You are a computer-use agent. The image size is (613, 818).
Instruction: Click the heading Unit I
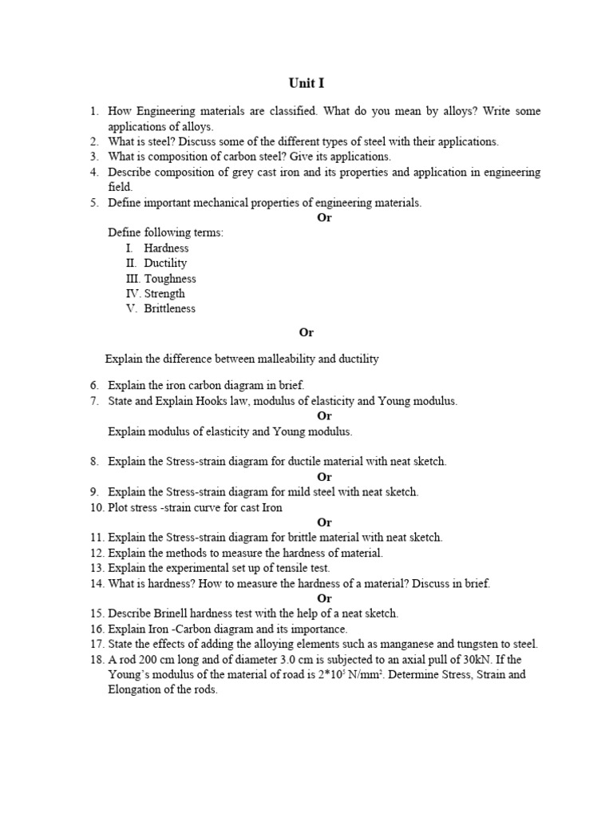click(x=306, y=83)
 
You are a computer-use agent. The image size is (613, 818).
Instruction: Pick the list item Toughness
click(x=170, y=279)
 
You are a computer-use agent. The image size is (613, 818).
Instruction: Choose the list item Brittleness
click(x=169, y=309)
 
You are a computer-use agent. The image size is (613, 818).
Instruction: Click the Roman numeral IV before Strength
click(x=132, y=294)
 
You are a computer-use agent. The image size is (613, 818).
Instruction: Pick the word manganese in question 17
click(x=394, y=644)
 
